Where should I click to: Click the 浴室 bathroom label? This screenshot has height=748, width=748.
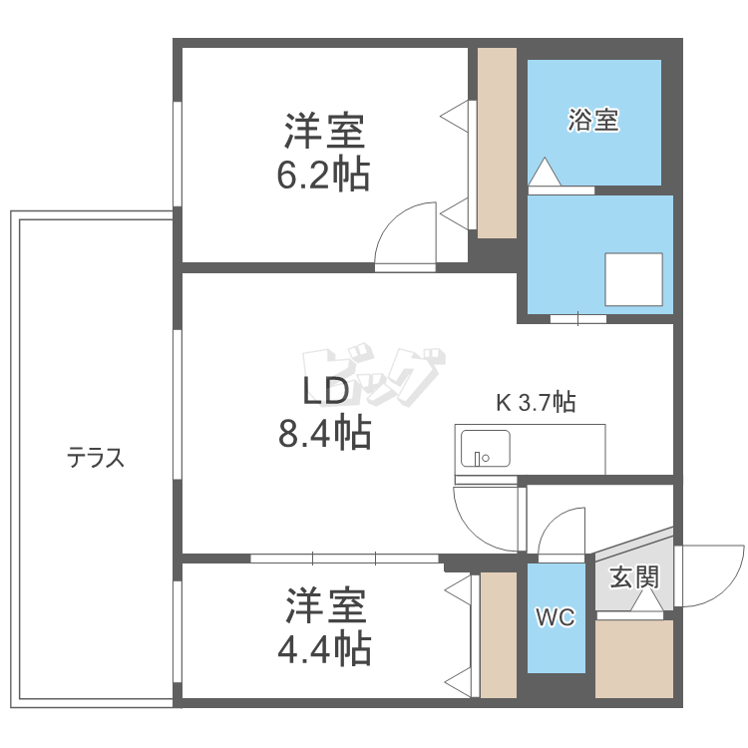[x=593, y=120]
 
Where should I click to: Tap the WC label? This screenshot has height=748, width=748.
[x=556, y=617]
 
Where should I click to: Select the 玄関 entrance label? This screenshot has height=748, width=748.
[x=634, y=576]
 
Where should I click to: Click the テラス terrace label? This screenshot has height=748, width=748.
[x=96, y=457]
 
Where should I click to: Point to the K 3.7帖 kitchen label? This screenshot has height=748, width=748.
[x=536, y=403]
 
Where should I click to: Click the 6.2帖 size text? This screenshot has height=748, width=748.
[x=323, y=176]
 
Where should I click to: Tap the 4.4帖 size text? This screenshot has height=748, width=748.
[x=324, y=649]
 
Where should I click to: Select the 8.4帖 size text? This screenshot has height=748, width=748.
[x=325, y=433]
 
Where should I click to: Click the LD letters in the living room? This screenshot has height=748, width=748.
[x=326, y=391]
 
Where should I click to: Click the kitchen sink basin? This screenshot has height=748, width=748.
[x=485, y=449]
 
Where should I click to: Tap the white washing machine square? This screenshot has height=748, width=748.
[x=634, y=279]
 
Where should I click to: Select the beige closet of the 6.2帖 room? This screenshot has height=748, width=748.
[x=497, y=143]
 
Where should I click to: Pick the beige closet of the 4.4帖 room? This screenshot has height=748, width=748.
[x=499, y=635]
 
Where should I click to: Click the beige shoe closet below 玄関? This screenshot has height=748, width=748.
[x=634, y=659]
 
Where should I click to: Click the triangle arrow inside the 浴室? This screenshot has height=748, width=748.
[x=545, y=171]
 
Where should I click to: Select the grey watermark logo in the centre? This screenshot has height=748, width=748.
[x=374, y=376]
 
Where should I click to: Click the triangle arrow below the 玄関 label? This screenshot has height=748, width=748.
[x=647, y=600]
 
